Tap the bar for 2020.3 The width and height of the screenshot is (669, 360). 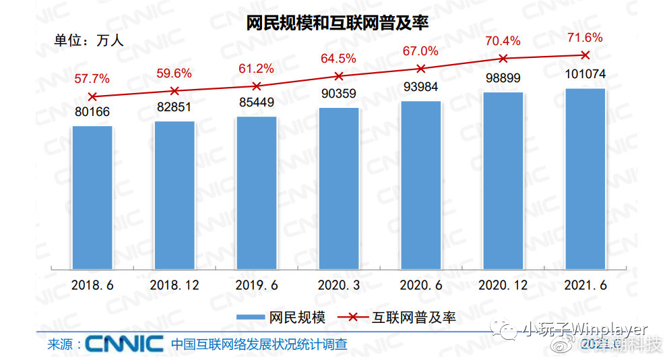tap(339, 188)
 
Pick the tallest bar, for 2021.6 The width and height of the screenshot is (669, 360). tap(585, 179)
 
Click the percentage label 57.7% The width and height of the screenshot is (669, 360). tap(92, 80)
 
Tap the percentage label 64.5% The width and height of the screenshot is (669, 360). tap(338, 59)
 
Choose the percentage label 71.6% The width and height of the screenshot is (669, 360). tap(584, 38)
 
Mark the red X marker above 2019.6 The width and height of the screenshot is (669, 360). tap(257, 86)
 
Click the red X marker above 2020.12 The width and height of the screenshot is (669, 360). tap(503, 59)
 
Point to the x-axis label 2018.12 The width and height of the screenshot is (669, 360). tap(174, 285)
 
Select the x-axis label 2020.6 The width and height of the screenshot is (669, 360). tap(420, 285)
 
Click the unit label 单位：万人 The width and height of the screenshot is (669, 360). tap(89, 40)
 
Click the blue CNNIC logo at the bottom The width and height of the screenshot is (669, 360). tap(125, 343)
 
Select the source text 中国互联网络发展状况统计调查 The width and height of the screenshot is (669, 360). tap(259, 344)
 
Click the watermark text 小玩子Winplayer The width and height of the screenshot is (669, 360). tap(585, 330)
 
